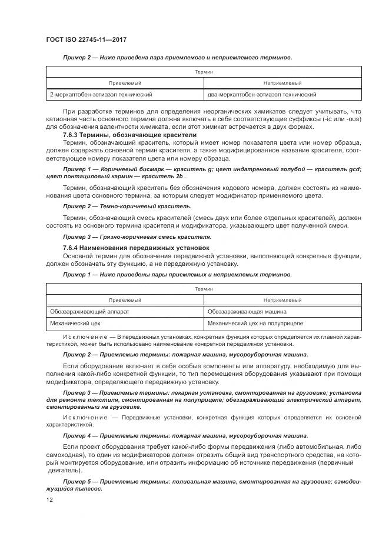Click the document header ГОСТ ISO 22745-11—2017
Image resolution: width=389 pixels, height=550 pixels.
click(87, 40)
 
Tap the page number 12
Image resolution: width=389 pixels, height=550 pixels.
click(49, 500)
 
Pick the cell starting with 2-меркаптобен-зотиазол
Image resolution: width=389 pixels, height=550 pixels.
click(102, 94)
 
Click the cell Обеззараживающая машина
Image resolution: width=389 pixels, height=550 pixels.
click(247, 311)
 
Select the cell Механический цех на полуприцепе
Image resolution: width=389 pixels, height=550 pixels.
click(255, 324)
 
